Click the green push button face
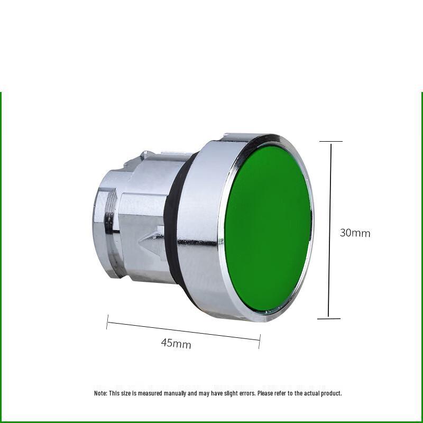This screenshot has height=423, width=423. pos(267,230)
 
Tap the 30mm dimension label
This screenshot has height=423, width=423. pos(355,233)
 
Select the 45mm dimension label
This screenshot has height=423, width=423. pos(176,344)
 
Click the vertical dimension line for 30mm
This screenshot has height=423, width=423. pos(330,230)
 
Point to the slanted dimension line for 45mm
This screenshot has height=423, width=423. pos(183,330)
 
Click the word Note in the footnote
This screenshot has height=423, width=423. pos(100,393)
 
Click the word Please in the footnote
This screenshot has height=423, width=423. pos(267,393)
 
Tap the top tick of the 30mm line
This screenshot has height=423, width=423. pos(330,142)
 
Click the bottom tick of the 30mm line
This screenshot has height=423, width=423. pos(329,318)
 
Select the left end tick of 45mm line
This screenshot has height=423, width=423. pos(107,322)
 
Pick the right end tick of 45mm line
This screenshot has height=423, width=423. pos(260,341)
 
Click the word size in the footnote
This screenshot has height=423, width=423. pos(125,393)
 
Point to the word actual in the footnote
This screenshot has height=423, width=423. pos(311,393)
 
